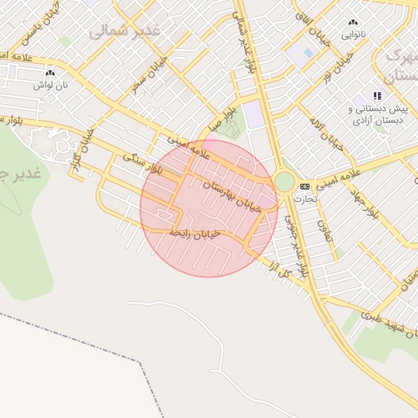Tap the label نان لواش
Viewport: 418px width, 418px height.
click(x=49, y=84)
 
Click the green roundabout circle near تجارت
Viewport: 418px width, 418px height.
click(x=284, y=182)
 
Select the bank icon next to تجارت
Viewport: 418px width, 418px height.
click(x=305, y=186)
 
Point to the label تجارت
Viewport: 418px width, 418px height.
click(x=307, y=198)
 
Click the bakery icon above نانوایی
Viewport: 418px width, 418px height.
click(x=353, y=23)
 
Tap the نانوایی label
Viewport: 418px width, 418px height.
click(x=353, y=34)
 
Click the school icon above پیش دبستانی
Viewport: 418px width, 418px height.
click(x=377, y=96)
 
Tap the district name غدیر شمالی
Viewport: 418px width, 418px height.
click(x=125, y=31)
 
